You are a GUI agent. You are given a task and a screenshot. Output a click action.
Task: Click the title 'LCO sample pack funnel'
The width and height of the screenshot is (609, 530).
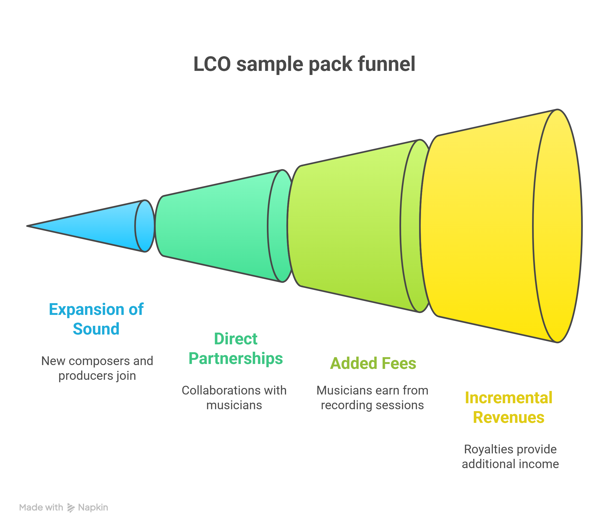pyautogui.click(x=304, y=64)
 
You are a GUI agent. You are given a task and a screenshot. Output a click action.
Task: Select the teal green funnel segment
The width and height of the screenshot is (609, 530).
pyautogui.click(x=216, y=226)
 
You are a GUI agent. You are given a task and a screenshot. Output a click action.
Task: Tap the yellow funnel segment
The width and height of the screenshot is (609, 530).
pyautogui.click(x=479, y=226)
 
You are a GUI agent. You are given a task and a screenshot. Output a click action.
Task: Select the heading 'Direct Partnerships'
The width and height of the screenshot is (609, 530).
pyautogui.click(x=235, y=349)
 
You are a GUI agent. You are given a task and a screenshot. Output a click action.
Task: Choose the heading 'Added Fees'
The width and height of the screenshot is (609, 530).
pyautogui.click(x=373, y=363)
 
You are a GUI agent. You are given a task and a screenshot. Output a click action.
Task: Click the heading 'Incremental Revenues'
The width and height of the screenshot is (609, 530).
pyautogui.click(x=508, y=408)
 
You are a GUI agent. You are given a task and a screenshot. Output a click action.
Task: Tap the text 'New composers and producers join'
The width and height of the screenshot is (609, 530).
pyautogui.click(x=97, y=368)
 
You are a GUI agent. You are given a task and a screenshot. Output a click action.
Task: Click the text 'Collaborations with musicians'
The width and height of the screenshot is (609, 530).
pyautogui.click(x=234, y=398)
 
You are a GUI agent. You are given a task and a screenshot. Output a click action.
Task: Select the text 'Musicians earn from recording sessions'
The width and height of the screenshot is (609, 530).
pyautogui.click(x=372, y=398)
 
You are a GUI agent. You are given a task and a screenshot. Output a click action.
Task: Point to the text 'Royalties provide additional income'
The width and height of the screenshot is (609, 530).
pyautogui.click(x=510, y=457)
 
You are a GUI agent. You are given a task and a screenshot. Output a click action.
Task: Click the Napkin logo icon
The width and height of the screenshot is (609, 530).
pyautogui.click(x=71, y=508)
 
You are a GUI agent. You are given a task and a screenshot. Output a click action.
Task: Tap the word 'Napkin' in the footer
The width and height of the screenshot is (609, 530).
pyautogui.click(x=93, y=508)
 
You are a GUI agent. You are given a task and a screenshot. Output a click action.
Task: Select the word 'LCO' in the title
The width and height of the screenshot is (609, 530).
pyautogui.click(x=212, y=64)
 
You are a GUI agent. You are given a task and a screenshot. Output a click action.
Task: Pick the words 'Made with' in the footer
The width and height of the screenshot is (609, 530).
pyautogui.click(x=41, y=508)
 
